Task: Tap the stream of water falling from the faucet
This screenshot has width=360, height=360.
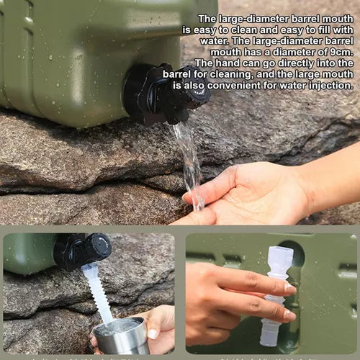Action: pyautogui.click(x=190, y=162)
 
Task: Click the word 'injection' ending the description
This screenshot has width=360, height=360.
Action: pyautogui.click(x=328, y=84)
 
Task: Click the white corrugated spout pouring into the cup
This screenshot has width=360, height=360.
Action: pyautogui.click(x=98, y=292)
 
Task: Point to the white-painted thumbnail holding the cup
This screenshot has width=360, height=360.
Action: pyautogui.click(x=153, y=334)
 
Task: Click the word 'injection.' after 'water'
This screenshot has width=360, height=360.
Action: pyautogui.click(x=328, y=84)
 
